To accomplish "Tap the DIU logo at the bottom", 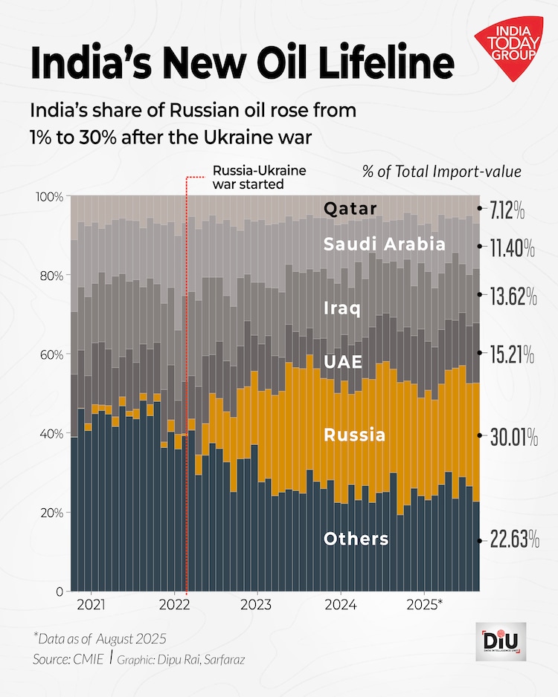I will [x=500, y=641].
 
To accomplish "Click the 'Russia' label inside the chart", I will [x=355, y=435].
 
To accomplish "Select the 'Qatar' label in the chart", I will [x=350, y=209].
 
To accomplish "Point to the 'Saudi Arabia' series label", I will [x=384, y=244].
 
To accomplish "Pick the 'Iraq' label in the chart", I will [x=342, y=308].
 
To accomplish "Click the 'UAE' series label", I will [x=343, y=362].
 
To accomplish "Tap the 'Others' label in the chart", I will [x=356, y=539].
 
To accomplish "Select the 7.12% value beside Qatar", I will [x=507, y=212].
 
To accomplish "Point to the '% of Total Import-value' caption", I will [x=441, y=172].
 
